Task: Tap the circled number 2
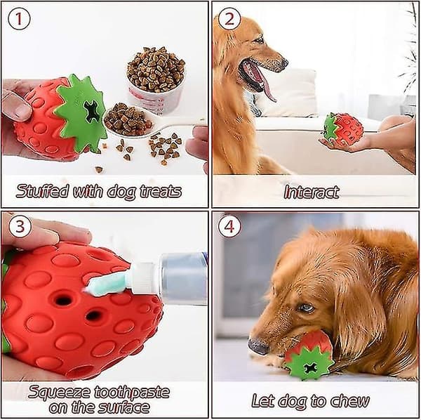229,19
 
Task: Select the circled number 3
20,226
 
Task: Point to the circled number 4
229,226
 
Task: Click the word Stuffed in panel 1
42,191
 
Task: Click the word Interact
312,192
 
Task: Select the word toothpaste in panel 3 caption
132,393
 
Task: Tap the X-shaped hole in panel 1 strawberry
92,110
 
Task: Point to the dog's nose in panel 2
284,63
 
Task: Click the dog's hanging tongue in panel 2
267,86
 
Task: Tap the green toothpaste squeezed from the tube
107,283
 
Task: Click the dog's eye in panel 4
306,308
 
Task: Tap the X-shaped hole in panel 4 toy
311,368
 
